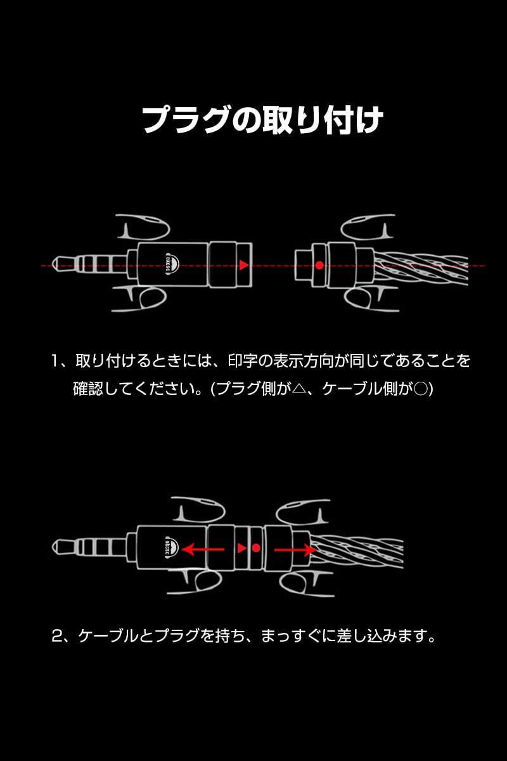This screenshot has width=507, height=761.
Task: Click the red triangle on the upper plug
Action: (x=243, y=265)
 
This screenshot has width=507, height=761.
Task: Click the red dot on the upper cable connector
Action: (x=320, y=265)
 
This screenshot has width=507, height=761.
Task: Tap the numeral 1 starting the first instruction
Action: (x=56, y=361)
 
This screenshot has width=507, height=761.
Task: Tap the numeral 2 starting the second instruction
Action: (x=56, y=635)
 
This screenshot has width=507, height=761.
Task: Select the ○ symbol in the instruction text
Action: (x=420, y=389)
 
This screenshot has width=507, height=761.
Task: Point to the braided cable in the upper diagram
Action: (x=418, y=266)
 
